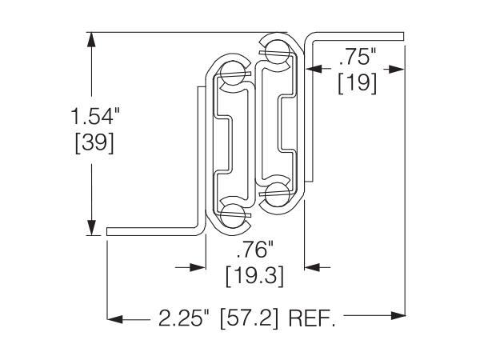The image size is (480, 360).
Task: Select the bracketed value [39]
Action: (x=94, y=143)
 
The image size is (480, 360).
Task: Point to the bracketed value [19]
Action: (x=358, y=83)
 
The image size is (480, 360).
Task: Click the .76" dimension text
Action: (x=254, y=250)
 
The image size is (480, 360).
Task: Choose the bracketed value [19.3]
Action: (x=254, y=276)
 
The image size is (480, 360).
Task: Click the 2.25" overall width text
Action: (x=185, y=318)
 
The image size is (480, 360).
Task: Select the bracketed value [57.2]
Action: (x=249, y=318)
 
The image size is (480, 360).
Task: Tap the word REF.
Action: (x=312, y=318)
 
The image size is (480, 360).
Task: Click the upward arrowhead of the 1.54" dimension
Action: (x=91, y=39)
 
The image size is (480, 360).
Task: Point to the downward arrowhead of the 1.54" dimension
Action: (x=91, y=228)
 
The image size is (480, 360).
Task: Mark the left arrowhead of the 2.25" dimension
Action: (x=115, y=319)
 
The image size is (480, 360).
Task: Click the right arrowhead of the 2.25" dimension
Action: (x=398, y=316)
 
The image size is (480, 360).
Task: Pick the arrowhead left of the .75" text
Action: (x=314, y=69)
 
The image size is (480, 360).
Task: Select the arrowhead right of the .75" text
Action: (x=397, y=70)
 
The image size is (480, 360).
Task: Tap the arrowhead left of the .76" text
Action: (x=198, y=267)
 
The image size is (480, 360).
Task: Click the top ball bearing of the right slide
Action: (x=278, y=52)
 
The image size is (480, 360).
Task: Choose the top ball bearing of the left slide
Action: (x=233, y=74)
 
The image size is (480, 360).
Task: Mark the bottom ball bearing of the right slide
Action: (x=278, y=194)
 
